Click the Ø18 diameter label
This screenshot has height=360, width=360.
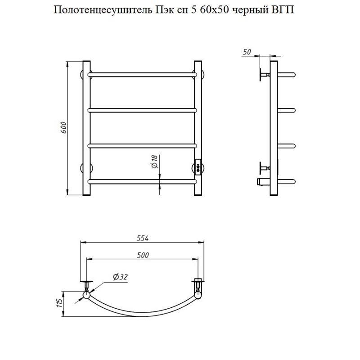154,162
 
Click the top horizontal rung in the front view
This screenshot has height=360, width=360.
143,73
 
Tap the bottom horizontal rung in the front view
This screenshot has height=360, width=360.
143,182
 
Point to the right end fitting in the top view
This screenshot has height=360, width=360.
198,288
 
